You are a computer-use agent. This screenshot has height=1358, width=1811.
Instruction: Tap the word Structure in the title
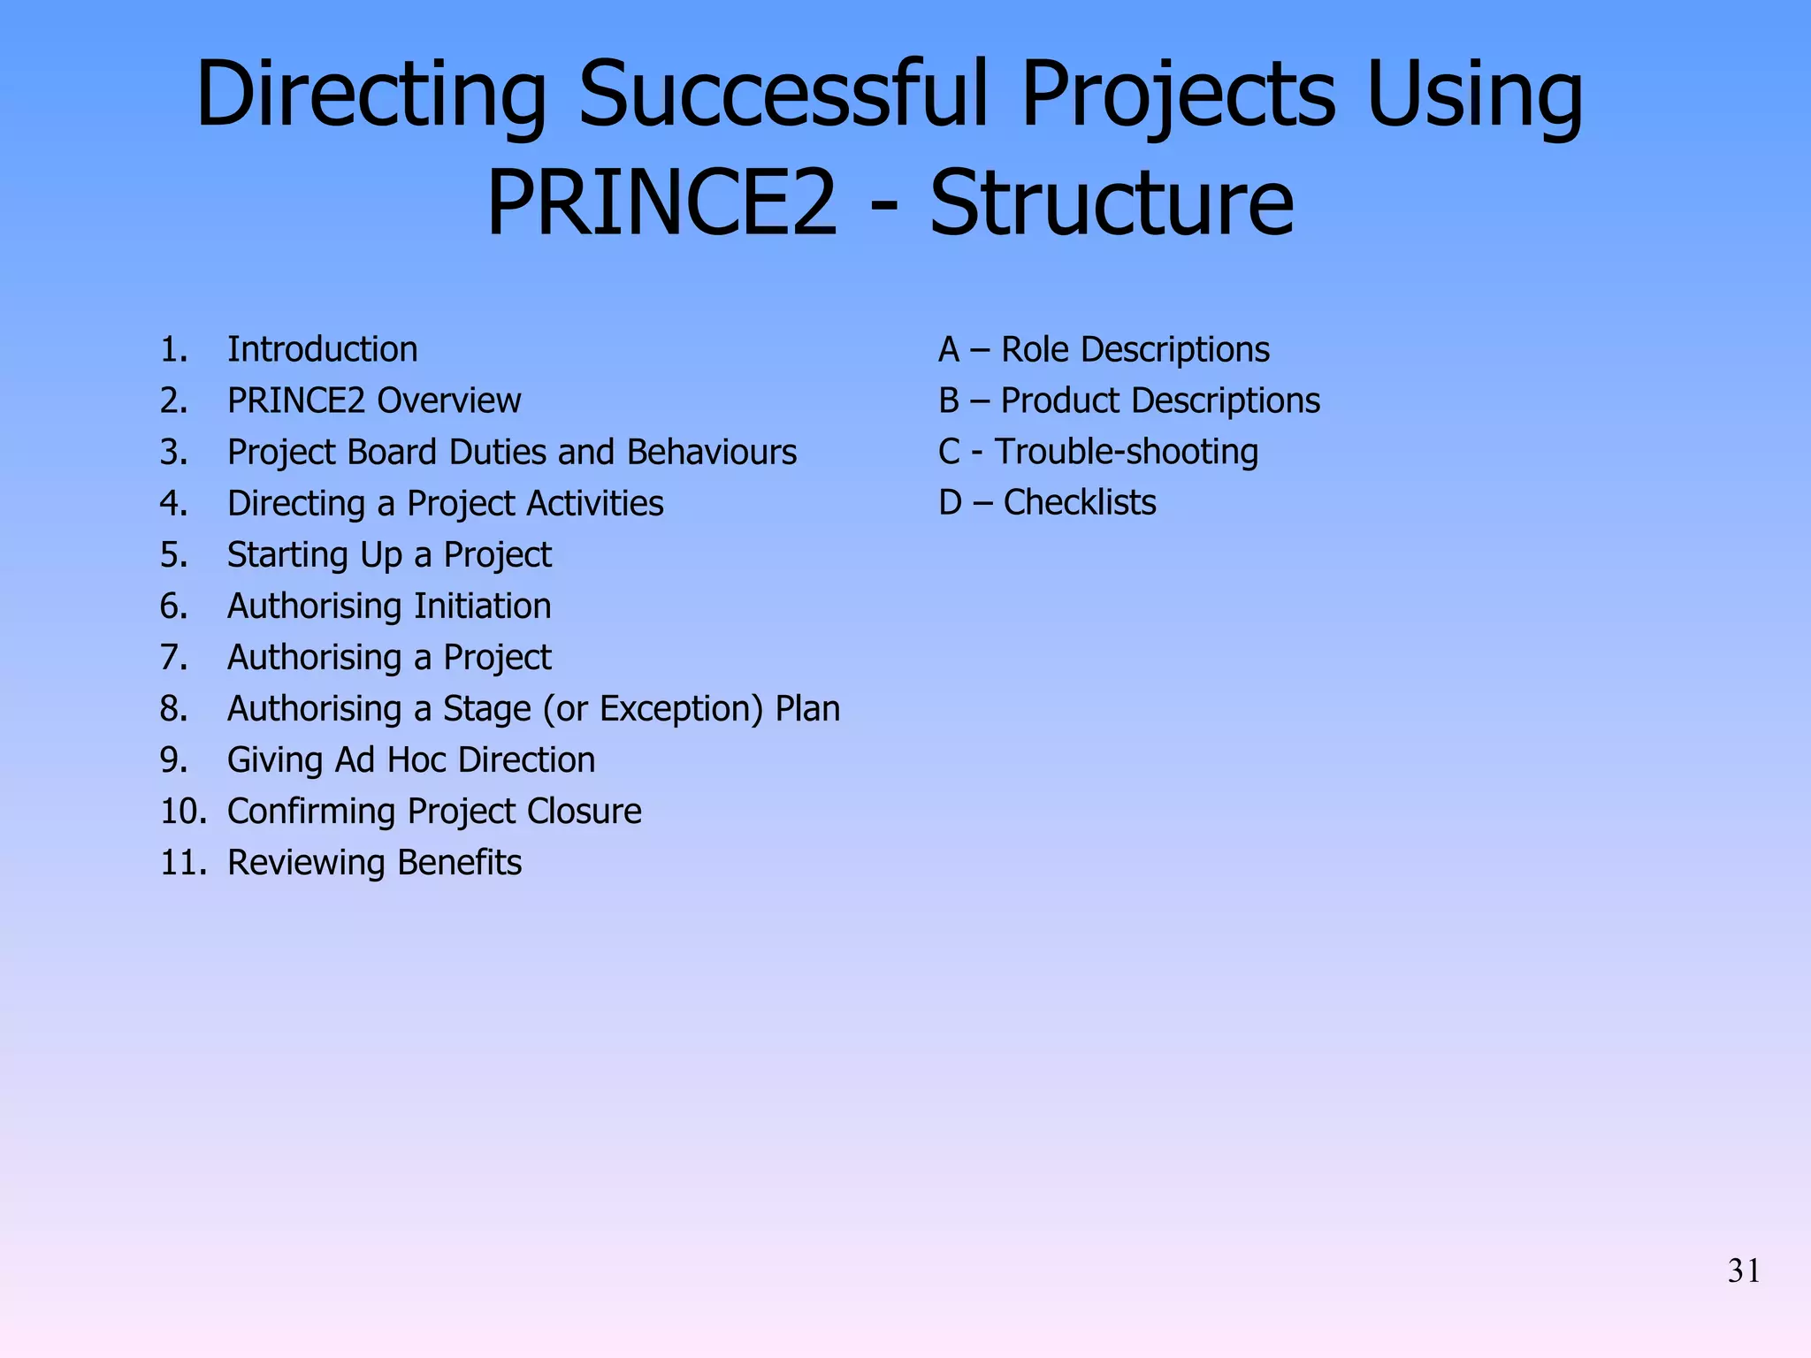[x=1112, y=204]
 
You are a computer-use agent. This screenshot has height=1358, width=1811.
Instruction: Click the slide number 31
[x=1743, y=1271]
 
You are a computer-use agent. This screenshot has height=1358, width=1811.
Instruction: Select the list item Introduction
[x=322, y=350]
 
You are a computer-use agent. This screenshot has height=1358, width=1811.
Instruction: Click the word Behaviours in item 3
[x=712, y=453]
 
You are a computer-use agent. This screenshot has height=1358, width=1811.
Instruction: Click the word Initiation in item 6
[x=483, y=607]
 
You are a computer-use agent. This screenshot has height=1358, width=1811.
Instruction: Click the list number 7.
[x=173, y=658]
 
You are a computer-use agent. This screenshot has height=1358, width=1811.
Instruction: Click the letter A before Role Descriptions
[x=949, y=350]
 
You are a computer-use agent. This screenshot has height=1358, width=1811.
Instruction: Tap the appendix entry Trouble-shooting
[x=1126, y=452]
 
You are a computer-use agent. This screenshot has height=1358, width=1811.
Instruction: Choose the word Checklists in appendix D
[x=1080, y=503]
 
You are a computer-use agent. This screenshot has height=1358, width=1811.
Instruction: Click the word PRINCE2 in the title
[x=661, y=204]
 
